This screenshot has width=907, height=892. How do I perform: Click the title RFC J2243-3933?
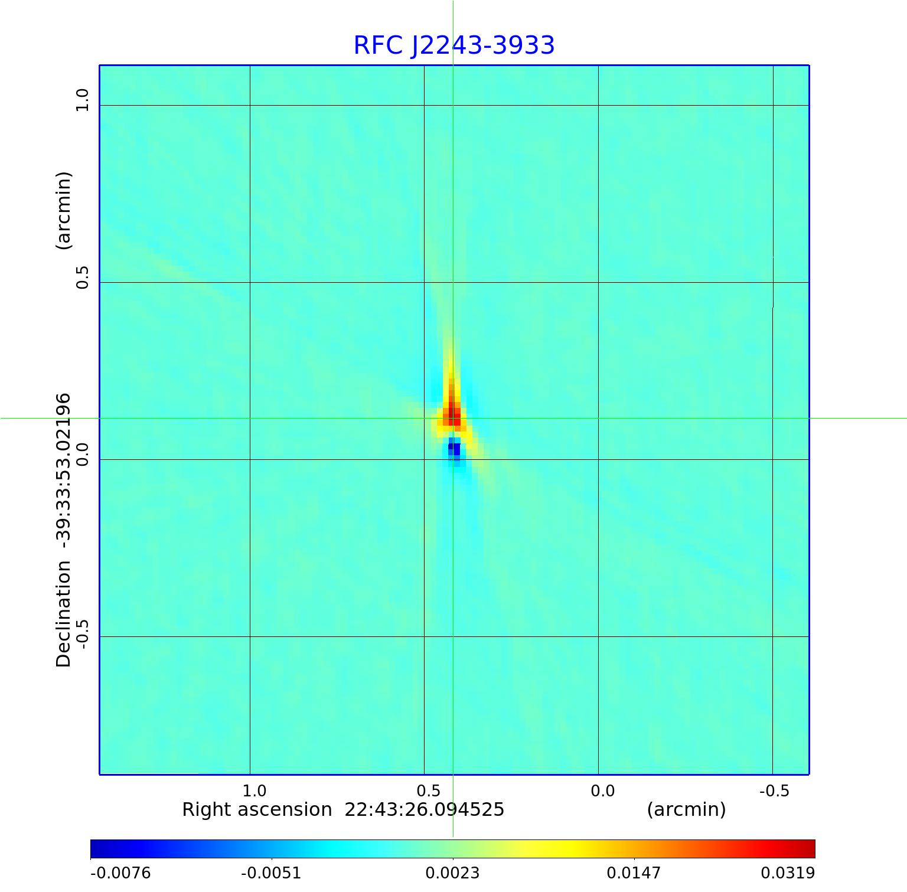click(453, 45)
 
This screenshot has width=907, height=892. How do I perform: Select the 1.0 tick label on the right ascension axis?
click(255, 790)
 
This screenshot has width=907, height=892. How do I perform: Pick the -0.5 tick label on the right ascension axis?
click(774, 790)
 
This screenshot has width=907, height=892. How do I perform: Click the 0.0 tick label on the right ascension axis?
click(602, 790)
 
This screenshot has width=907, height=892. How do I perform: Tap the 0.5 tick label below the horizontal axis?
click(429, 790)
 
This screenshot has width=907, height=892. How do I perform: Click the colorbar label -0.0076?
click(120, 873)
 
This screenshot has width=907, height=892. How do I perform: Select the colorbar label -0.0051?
click(271, 873)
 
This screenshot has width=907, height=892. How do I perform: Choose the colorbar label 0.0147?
click(634, 873)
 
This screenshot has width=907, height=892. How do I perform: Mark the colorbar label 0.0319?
click(787, 873)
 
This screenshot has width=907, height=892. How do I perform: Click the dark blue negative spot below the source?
click(454, 449)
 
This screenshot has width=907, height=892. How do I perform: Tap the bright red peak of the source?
click(453, 413)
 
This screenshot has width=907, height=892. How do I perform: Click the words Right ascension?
click(257, 809)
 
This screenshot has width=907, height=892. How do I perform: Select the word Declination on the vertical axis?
click(63, 614)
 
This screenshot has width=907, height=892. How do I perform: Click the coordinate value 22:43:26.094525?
click(424, 809)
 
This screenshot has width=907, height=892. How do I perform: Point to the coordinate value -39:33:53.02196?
click(63, 466)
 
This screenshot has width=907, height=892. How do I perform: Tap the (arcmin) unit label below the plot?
click(686, 809)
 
